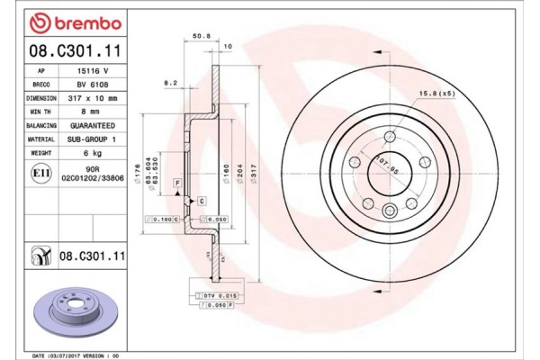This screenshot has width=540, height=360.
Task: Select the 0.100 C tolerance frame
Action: point(164,219)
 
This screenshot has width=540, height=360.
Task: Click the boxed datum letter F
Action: point(177,184)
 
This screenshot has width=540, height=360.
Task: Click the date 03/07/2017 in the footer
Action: point(65,355)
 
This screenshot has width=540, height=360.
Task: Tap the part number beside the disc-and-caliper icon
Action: point(92,256)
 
